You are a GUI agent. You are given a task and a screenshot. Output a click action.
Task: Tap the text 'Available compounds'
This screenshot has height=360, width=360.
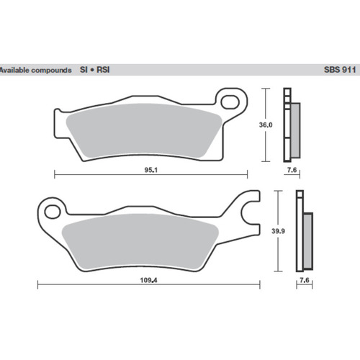click(35, 71)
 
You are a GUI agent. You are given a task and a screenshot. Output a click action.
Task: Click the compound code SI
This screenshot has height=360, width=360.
click(84, 71)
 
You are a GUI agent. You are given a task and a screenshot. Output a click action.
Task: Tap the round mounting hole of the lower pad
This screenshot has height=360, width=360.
click(52, 211)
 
